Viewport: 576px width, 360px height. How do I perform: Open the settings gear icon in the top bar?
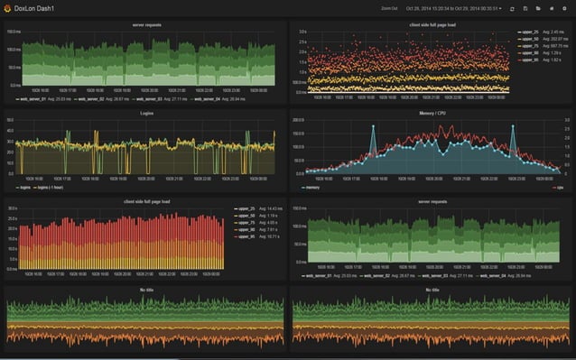(x=564, y=8)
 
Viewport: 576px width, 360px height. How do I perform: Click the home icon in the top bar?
(x=551, y=8)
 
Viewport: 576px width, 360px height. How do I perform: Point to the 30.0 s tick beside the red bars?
(x=12, y=208)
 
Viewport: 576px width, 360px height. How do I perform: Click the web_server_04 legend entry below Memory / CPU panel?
(x=504, y=278)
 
